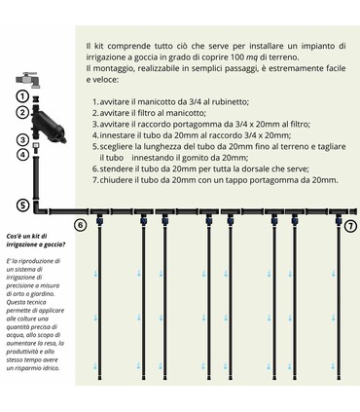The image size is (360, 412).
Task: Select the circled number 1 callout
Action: tap(21, 96)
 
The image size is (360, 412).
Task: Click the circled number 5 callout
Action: tap(21, 205)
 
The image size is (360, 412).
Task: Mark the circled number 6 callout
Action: tap(82, 225)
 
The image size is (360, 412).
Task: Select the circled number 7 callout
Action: tap(350, 225)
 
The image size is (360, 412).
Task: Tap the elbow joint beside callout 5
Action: tap(38, 206)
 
